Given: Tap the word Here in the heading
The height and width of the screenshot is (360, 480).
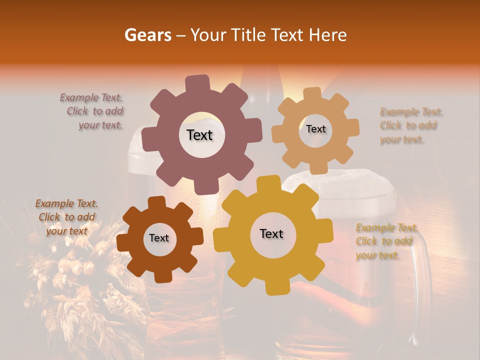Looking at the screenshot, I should (x=327, y=35).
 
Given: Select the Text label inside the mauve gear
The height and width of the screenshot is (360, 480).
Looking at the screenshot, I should (x=199, y=135).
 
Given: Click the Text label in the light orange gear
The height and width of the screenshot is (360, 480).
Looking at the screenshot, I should (x=315, y=129).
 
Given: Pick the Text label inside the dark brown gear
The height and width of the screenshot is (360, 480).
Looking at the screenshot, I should (x=159, y=238).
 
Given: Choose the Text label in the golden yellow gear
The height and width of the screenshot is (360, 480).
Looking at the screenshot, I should (x=271, y=233).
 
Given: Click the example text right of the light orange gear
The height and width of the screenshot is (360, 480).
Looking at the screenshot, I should (x=410, y=125).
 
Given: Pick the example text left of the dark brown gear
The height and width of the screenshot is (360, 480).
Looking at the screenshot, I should (x=66, y=217).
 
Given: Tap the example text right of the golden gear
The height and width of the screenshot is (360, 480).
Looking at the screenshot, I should (x=385, y=241).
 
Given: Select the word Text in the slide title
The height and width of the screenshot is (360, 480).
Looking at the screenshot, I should (x=288, y=35).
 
